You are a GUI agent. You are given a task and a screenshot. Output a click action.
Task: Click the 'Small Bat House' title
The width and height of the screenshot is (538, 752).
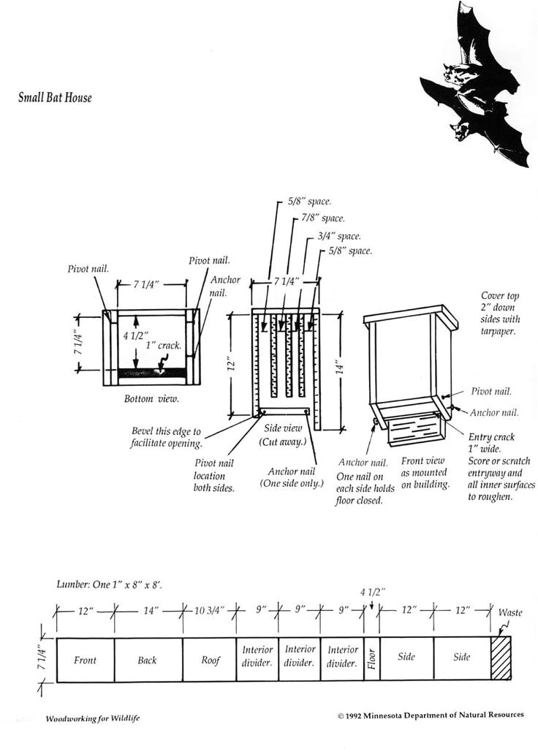(x=55, y=97)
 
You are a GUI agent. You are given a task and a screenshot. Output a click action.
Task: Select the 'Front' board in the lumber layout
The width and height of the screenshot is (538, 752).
(x=85, y=660)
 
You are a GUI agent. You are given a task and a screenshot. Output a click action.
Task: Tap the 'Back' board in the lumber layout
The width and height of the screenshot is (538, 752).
(x=147, y=660)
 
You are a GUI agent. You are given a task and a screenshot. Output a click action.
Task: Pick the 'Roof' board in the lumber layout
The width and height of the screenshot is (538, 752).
(x=210, y=660)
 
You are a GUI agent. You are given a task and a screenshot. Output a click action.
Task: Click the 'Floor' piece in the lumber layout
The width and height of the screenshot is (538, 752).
(x=371, y=659)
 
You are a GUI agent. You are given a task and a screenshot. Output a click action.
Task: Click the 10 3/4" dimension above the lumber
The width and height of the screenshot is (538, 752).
(x=209, y=609)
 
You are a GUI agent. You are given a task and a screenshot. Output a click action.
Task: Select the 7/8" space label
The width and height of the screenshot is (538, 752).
(x=323, y=218)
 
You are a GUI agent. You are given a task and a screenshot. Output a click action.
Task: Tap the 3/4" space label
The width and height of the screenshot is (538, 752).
(x=339, y=236)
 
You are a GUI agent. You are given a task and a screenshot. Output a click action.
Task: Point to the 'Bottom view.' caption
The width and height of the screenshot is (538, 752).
(x=151, y=399)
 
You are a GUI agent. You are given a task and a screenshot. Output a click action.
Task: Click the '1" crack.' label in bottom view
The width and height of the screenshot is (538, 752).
(x=164, y=345)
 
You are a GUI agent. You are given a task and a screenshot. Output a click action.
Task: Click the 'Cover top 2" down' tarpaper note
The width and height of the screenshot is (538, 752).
(x=501, y=314)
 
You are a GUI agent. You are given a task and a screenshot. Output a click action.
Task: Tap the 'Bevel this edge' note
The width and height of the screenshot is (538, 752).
(x=166, y=437)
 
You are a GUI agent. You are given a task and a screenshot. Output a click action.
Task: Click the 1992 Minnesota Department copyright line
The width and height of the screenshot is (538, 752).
(x=431, y=715)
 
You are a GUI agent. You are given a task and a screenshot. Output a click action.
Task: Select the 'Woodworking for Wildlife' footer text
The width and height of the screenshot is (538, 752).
(x=93, y=718)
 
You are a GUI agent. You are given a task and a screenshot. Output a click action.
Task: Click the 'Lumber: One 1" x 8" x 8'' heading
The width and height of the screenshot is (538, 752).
(x=110, y=585)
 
